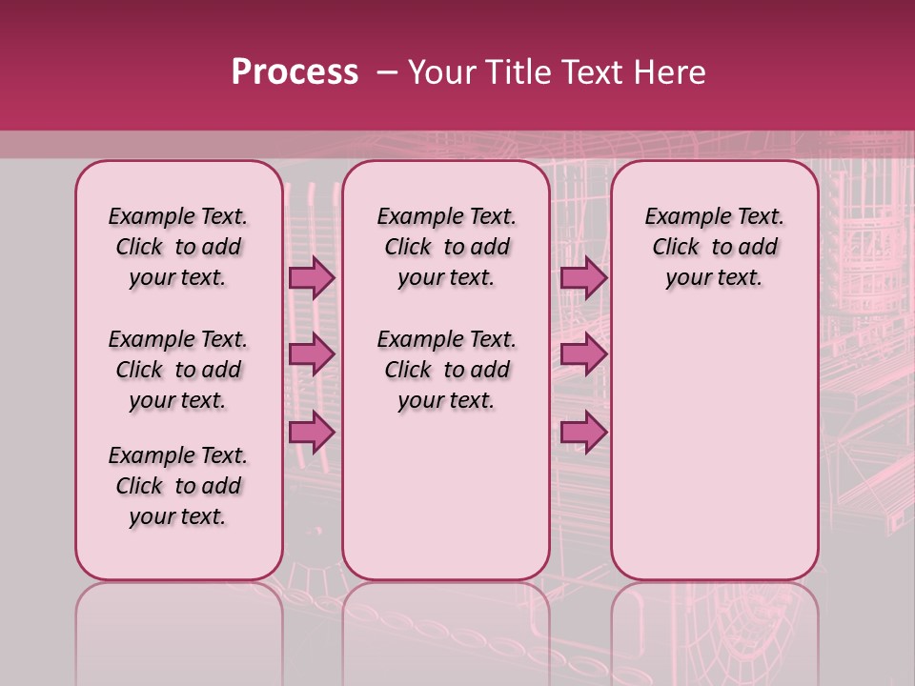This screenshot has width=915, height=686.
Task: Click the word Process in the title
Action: [x=295, y=72]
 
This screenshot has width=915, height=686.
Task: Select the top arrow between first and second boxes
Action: [x=311, y=277]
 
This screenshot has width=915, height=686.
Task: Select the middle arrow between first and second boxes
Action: [x=311, y=354]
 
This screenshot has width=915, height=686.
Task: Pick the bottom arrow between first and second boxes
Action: [x=311, y=432]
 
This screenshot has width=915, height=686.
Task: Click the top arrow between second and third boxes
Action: [x=583, y=277]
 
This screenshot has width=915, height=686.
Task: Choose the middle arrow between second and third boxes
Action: [x=583, y=354]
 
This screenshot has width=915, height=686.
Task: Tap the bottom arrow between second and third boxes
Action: [x=583, y=432]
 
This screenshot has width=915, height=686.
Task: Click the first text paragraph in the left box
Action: [x=178, y=247]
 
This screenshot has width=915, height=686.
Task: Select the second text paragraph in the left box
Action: [x=178, y=370]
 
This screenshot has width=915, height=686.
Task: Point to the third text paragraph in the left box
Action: [x=178, y=486]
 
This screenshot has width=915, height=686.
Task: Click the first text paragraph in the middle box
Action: [x=446, y=247]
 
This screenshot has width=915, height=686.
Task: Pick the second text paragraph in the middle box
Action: [x=446, y=370]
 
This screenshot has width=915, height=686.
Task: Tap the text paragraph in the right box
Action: [x=714, y=247]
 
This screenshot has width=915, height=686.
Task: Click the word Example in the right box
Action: [x=682, y=216]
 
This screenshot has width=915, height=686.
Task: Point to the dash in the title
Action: [x=388, y=72]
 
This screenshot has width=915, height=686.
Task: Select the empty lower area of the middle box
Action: [x=446, y=495]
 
